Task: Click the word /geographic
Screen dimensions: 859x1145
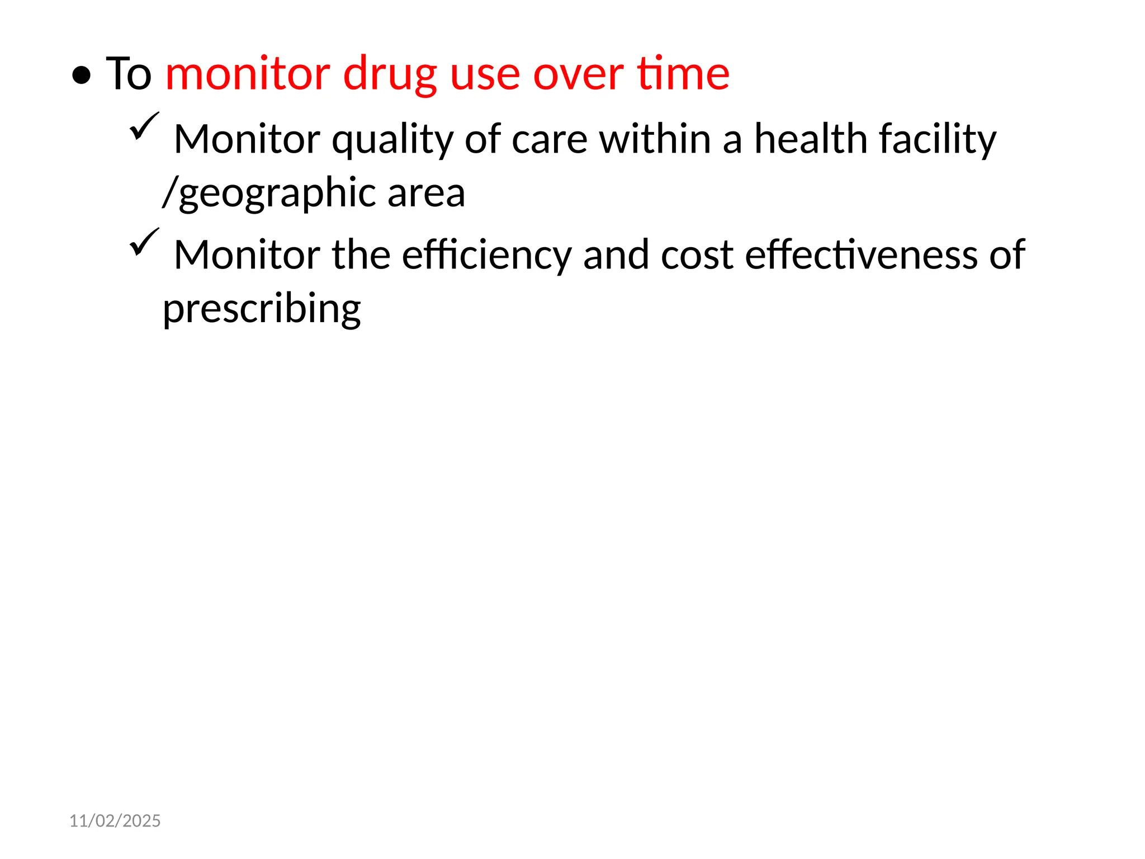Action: (x=268, y=193)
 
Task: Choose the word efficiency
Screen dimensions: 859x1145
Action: (x=486, y=256)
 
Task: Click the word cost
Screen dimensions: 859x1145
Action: (x=697, y=255)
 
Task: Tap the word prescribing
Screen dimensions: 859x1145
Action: (x=262, y=309)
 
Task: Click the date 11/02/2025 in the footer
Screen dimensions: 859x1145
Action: (x=115, y=820)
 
